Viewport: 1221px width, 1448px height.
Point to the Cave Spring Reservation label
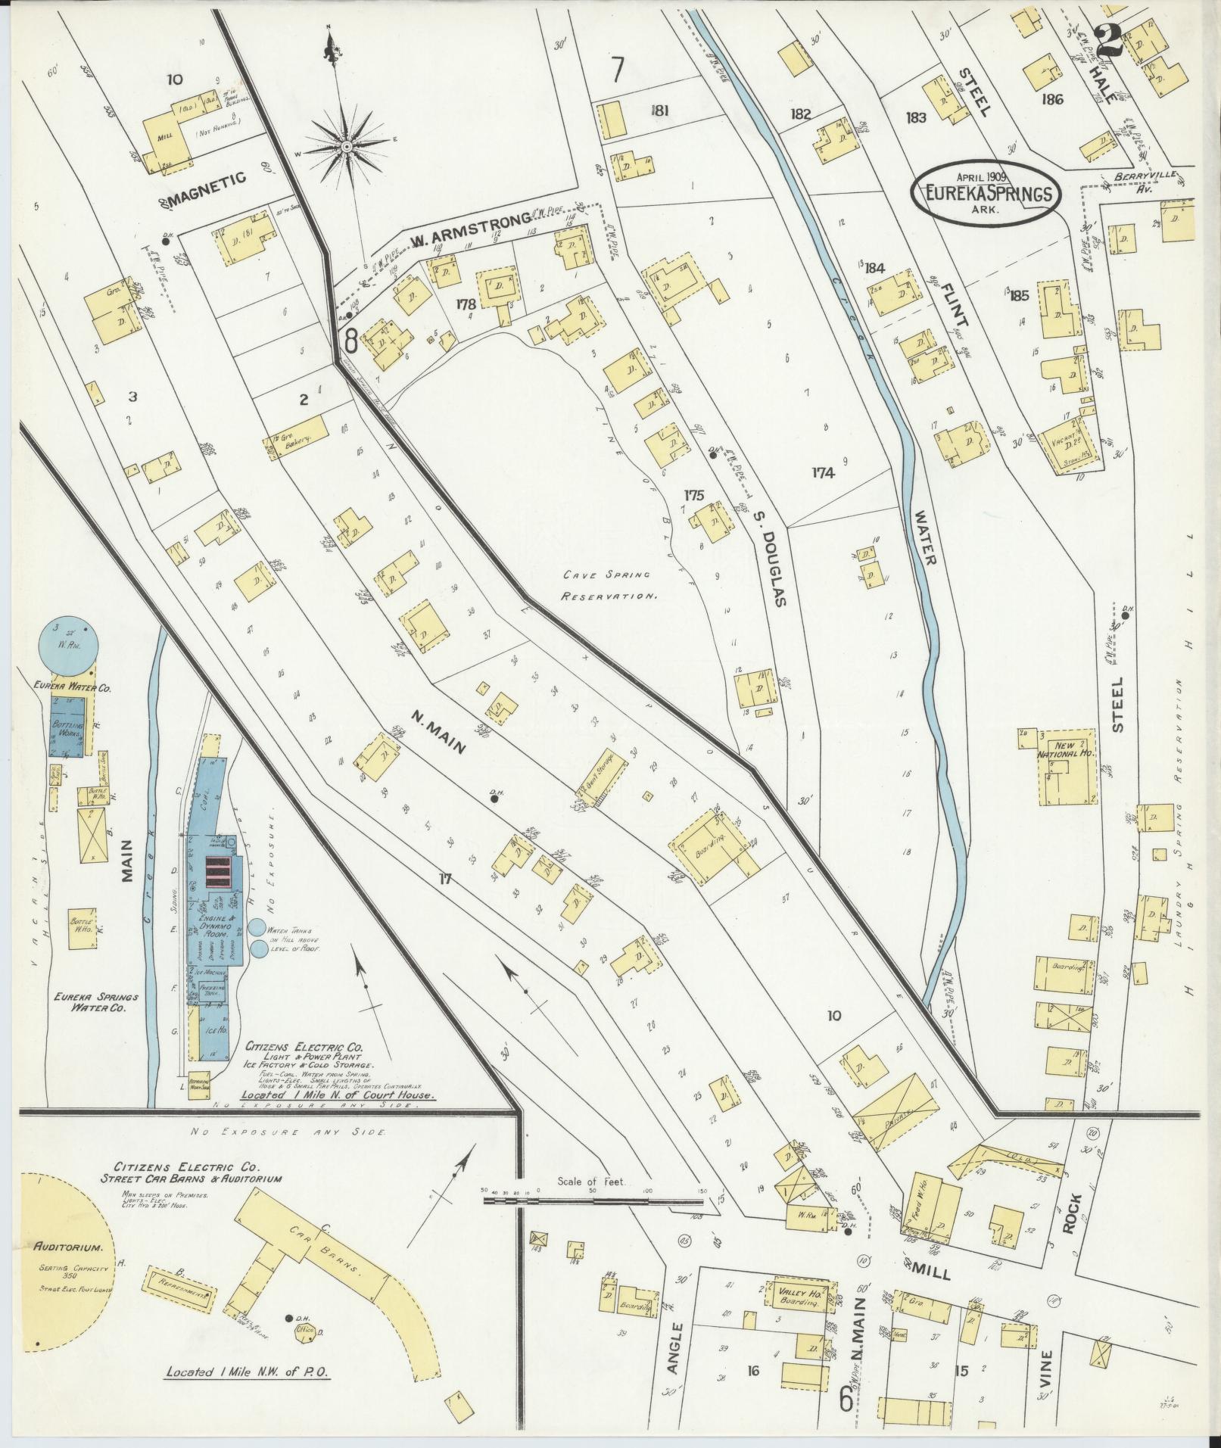click(x=608, y=585)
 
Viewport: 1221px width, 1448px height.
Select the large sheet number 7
click(x=618, y=71)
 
